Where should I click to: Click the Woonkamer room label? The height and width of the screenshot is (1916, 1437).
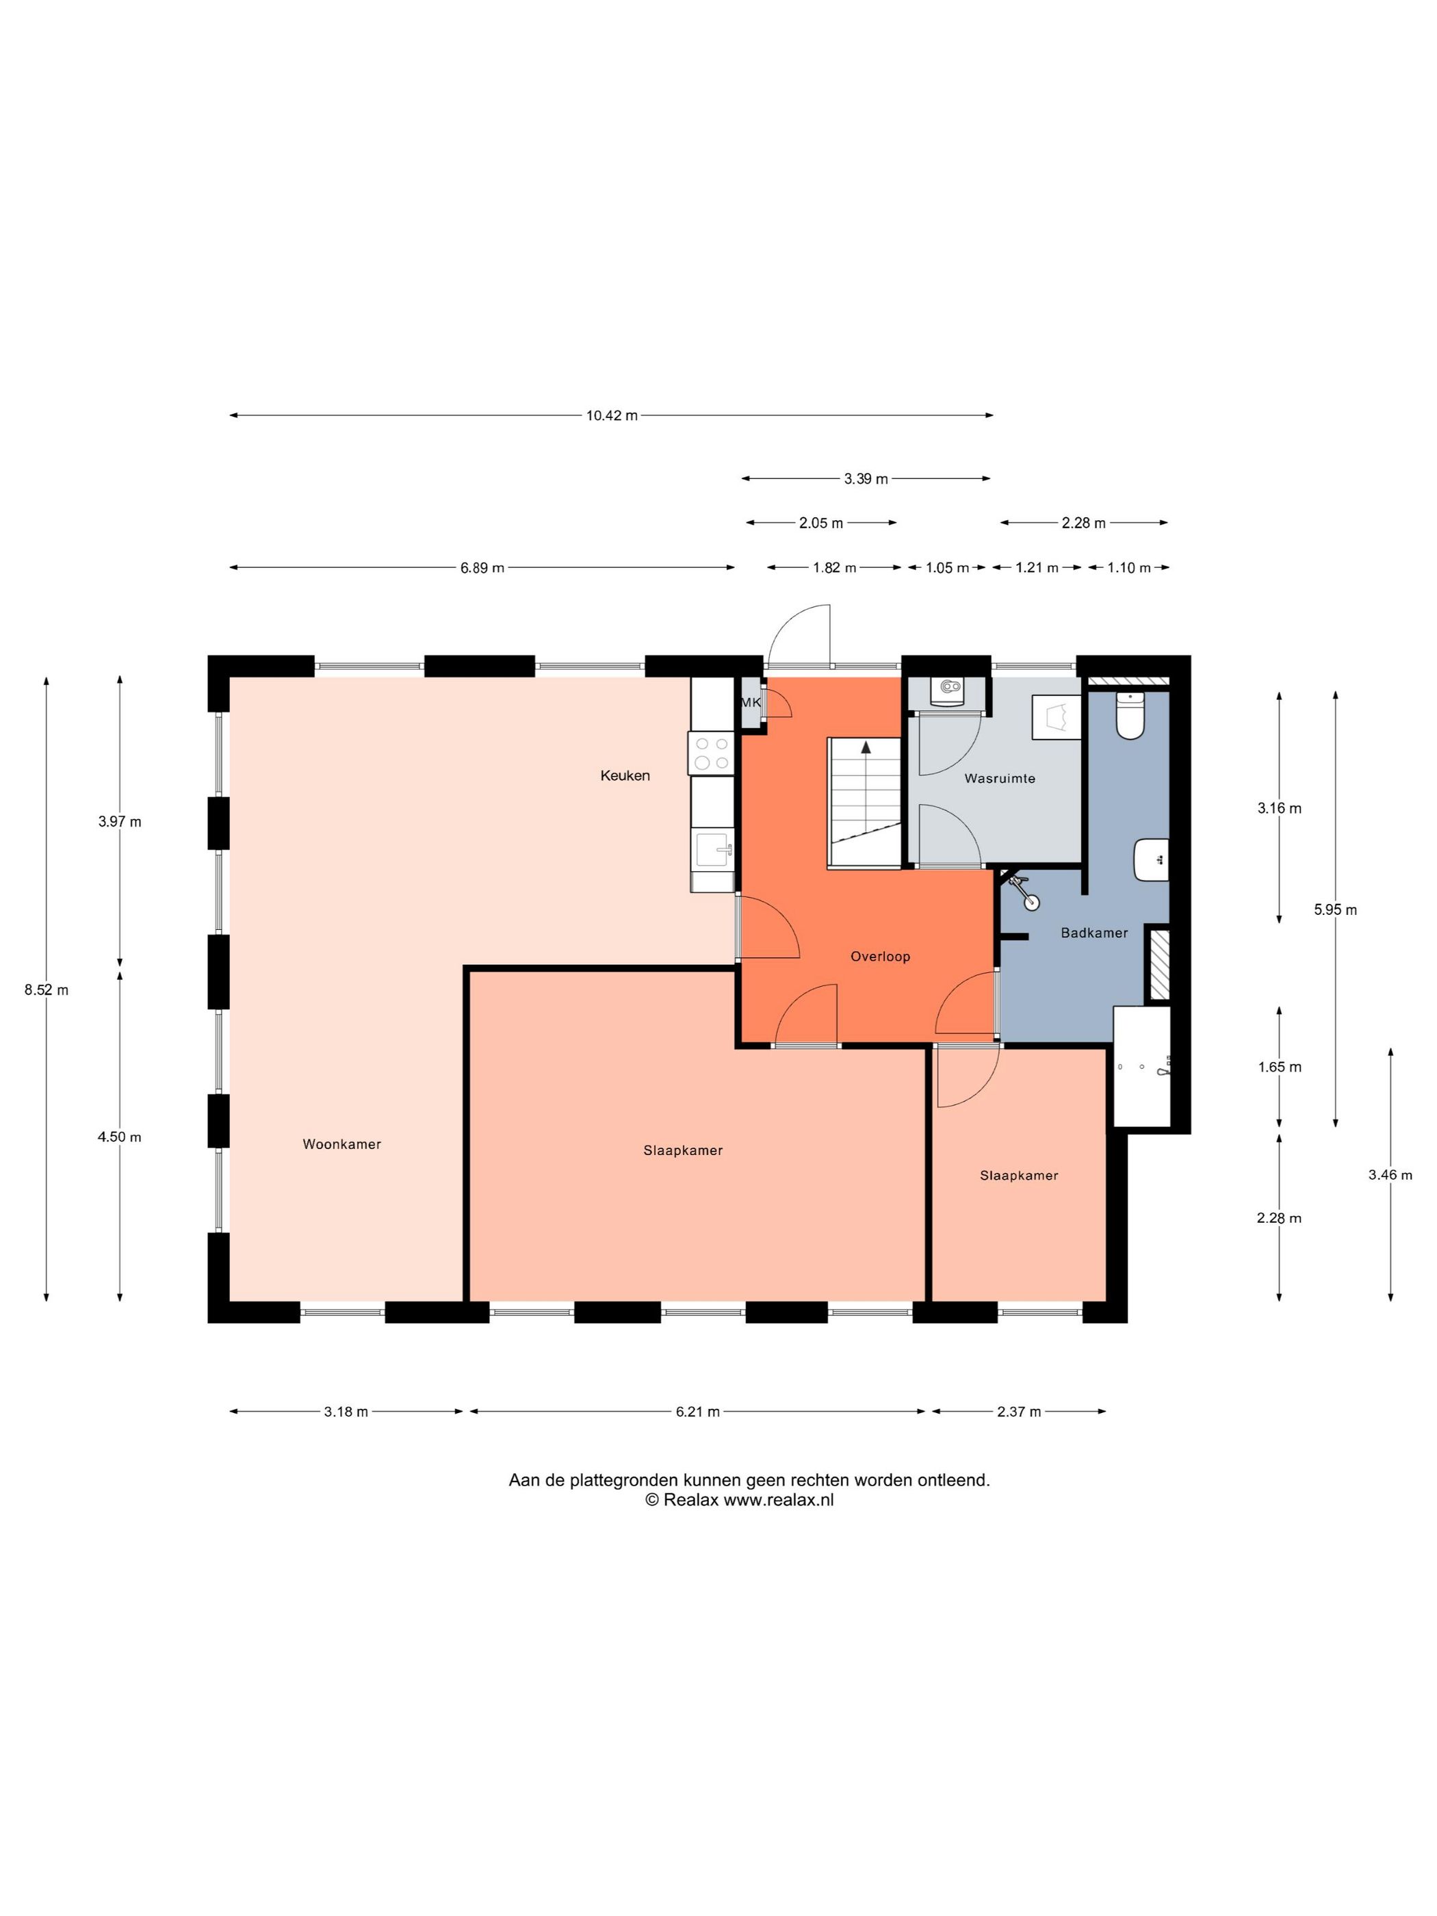pyautogui.click(x=341, y=1143)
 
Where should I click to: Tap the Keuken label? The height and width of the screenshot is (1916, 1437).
pyautogui.click(x=625, y=775)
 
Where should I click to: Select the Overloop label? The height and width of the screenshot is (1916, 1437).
pyautogui.click(x=880, y=956)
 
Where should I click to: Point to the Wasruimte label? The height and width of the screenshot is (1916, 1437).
pyautogui.click(x=1000, y=778)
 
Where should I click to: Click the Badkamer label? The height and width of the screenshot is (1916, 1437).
pyautogui.click(x=1094, y=932)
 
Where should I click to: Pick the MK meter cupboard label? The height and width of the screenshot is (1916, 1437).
pyautogui.click(x=751, y=703)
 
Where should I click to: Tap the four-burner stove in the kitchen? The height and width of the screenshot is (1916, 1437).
pyautogui.click(x=711, y=753)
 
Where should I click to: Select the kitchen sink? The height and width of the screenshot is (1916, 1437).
pyautogui.click(x=713, y=850)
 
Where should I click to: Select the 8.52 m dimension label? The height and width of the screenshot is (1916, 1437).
pyautogui.click(x=46, y=989)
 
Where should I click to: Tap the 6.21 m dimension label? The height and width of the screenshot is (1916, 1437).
pyautogui.click(x=697, y=1411)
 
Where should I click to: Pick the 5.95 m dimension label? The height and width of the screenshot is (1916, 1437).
pyautogui.click(x=1335, y=909)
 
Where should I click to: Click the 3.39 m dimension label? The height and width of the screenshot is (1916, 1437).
pyautogui.click(x=866, y=478)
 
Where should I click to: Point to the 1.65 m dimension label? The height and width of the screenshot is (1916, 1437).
pyautogui.click(x=1280, y=1066)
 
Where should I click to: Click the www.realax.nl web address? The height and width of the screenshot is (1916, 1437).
pyautogui.click(x=778, y=1500)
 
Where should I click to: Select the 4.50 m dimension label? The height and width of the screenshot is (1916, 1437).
pyautogui.click(x=120, y=1137)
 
